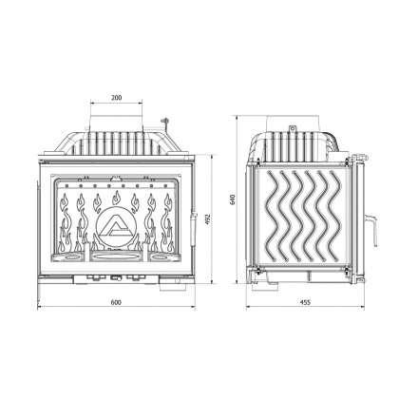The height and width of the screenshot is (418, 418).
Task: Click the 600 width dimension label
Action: tap(116, 302)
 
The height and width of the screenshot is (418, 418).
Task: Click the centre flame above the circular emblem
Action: tap(116, 200)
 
